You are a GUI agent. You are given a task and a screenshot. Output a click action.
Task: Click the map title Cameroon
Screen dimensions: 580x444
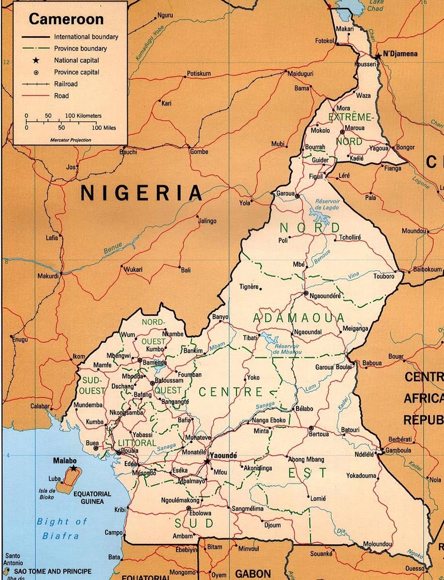click(x=66, y=19)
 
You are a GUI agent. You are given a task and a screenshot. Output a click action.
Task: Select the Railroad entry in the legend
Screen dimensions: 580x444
click(x=65, y=84)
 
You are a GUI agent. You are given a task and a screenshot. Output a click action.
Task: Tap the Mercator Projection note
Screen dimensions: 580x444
click(x=71, y=140)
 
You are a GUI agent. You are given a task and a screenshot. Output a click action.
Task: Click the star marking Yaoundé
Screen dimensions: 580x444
click(x=207, y=462)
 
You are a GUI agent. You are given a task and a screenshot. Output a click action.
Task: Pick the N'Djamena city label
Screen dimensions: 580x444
click(x=400, y=54)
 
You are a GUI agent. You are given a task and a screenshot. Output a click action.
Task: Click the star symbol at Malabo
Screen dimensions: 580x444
click(x=73, y=468)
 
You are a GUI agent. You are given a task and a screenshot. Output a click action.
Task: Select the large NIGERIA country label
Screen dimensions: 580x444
click(x=141, y=193)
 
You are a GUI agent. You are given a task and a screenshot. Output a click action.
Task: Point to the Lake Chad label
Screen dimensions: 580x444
click(x=375, y=6)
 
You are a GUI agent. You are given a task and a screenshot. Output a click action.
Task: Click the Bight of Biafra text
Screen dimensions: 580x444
click(x=62, y=528)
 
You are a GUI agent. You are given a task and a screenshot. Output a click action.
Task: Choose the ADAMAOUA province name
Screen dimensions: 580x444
click(x=298, y=318)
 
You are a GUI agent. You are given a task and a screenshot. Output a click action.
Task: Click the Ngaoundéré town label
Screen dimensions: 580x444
click(x=326, y=296)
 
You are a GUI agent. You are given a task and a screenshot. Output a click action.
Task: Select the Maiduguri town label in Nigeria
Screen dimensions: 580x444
click(x=300, y=74)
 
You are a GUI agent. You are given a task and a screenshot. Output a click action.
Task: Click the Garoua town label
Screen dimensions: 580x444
click(x=285, y=193)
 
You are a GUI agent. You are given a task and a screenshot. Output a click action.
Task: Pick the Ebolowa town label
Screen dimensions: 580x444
click(x=201, y=513)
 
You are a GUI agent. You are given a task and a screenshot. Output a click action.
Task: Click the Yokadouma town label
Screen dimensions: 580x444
click(x=361, y=476)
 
